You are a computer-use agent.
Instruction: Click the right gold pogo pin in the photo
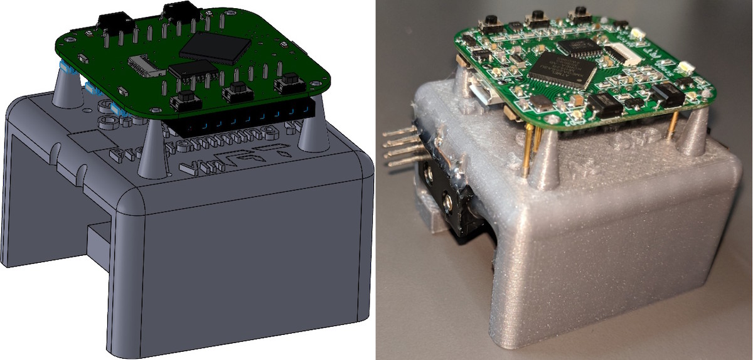pyautogui.click(x=672, y=125)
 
